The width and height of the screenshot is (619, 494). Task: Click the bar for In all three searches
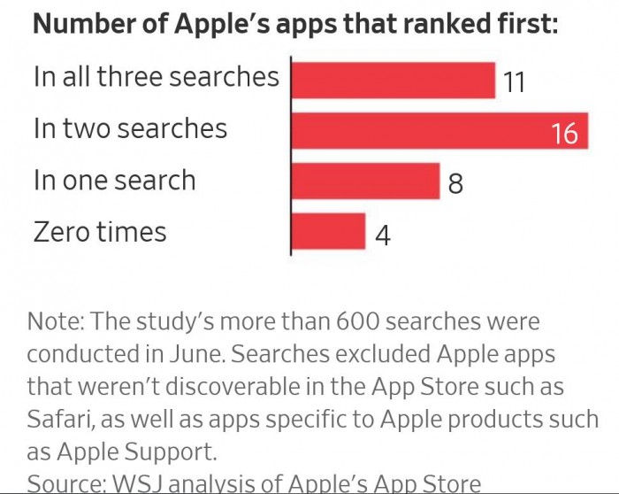tap(393, 81)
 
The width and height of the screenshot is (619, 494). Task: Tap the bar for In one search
tap(364, 181)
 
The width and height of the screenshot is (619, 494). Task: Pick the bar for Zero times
tap(327, 232)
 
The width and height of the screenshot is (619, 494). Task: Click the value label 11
tap(514, 83)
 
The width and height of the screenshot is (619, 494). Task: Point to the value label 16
tap(564, 134)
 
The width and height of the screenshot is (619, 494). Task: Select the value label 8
tap(455, 184)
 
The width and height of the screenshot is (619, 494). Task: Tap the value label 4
tap(382, 235)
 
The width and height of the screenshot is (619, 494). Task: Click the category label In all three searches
tap(156, 76)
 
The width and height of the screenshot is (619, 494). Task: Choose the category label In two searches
tap(130, 128)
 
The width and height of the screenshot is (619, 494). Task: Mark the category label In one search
tap(114, 180)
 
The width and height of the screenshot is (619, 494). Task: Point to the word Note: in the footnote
tap(56, 320)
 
